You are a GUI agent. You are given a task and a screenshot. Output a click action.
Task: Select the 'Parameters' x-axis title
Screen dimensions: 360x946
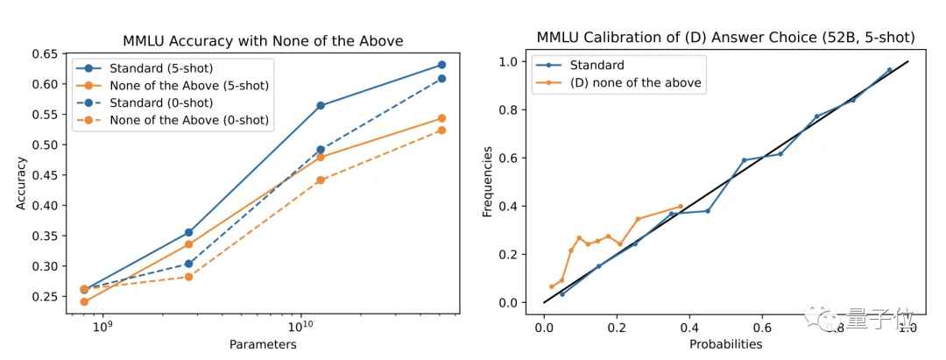(x=263, y=344)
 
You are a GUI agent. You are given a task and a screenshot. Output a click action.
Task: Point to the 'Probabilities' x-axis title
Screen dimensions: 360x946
(x=725, y=344)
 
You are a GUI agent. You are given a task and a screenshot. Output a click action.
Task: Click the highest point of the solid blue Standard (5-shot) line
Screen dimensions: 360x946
(x=441, y=65)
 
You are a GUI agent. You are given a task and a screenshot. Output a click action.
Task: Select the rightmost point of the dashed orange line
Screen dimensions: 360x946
(x=441, y=130)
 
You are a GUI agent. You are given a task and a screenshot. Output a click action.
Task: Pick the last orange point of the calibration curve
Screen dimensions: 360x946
(x=680, y=207)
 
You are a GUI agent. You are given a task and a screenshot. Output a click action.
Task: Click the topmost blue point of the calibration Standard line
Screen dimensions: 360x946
(x=889, y=70)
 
